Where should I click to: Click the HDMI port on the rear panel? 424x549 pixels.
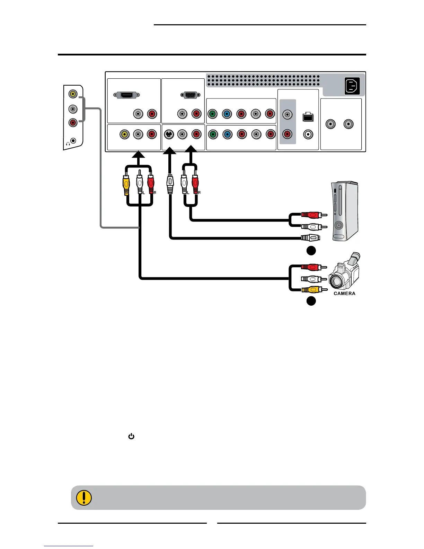(127, 95)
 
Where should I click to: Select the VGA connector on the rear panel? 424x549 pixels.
(190, 95)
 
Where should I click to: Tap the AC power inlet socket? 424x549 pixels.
(353, 86)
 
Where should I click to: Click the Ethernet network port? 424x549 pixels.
(308, 117)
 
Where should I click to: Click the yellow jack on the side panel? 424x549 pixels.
(73, 94)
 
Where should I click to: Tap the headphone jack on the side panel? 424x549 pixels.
(73, 141)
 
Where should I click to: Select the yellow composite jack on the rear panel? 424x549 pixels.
(124, 134)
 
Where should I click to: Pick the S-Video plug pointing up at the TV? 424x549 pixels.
(170, 184)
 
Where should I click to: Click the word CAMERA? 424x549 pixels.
(344, 294)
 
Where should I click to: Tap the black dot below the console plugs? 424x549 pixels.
(311, 251)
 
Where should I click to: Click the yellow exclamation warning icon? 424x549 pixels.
(83, 498)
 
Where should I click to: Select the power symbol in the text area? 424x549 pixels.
(131, 437)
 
